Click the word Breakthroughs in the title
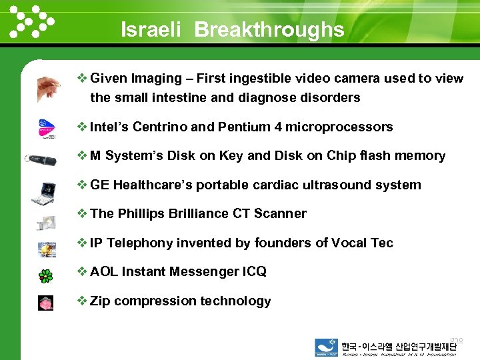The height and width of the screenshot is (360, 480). [x=269, y=30]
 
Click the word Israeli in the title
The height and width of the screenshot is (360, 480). [x=151, y=30]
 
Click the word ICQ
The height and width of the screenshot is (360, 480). [x=254, y=271]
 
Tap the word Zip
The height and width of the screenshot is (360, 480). [x=101, y=301]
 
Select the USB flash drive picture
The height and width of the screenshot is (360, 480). [x=41, y=160]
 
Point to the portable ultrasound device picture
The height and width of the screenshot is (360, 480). [x=45, y=193]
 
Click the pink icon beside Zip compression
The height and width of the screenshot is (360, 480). [x=45, y=303]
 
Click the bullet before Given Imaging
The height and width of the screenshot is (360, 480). [x=83, y=78]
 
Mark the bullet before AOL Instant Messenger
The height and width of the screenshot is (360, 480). [x=83, y=271]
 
